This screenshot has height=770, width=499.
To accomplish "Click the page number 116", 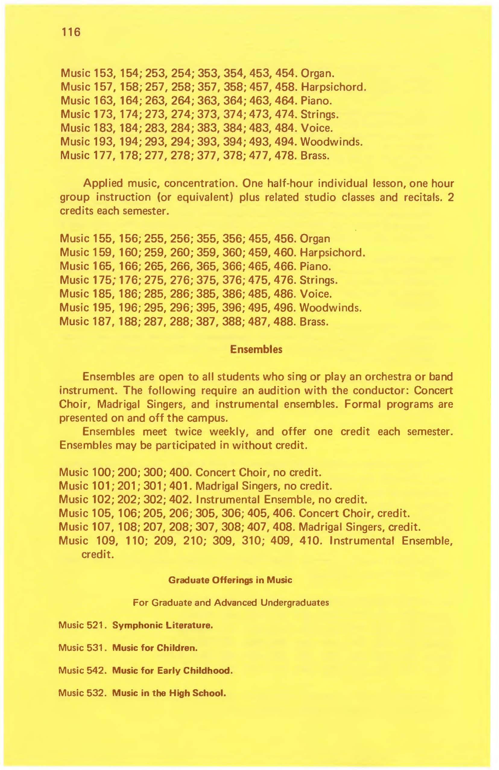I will point(70,32).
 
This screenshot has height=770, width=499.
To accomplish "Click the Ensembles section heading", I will point(256,350).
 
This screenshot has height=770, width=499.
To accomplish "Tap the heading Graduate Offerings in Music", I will point(230,580).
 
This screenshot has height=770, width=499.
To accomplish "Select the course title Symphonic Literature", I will point(162,625).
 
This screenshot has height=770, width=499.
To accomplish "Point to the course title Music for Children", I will point(155,648).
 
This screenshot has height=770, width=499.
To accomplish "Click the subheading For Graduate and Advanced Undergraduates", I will point(231,602).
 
